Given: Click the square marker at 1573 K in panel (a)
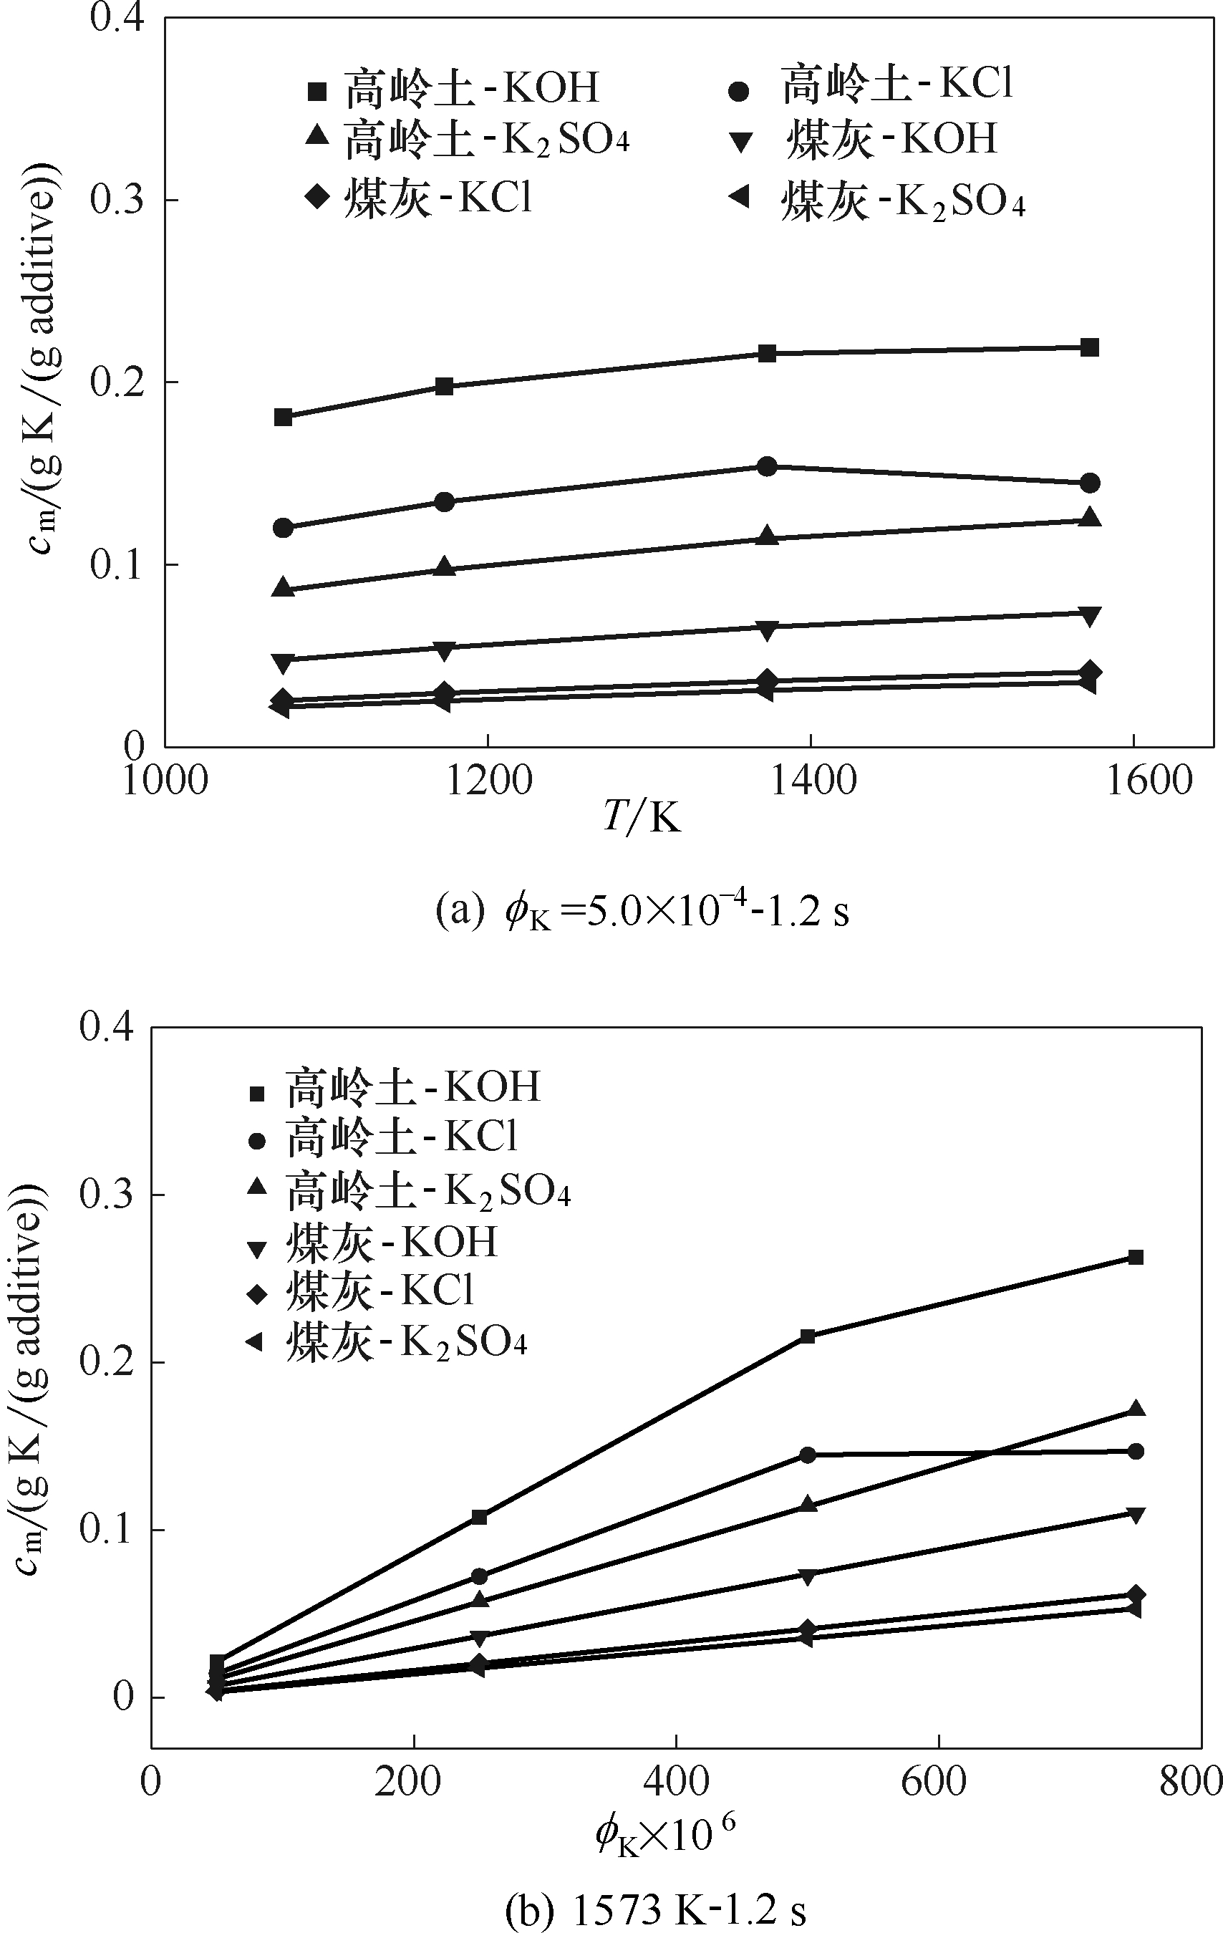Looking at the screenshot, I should [1089, 347].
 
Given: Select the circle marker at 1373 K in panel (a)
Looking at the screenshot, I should [767, 466].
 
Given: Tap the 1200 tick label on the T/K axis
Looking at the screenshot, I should [489, 780].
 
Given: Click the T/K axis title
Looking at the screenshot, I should [642, 819].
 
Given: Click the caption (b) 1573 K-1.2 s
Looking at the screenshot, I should [657, 1911].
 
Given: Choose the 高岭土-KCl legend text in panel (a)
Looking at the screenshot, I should [897, 85].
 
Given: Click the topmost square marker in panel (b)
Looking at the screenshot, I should [1136, 1257].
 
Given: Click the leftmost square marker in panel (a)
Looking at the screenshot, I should [282, 417].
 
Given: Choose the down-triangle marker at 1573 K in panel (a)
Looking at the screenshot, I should [1089, 616].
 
